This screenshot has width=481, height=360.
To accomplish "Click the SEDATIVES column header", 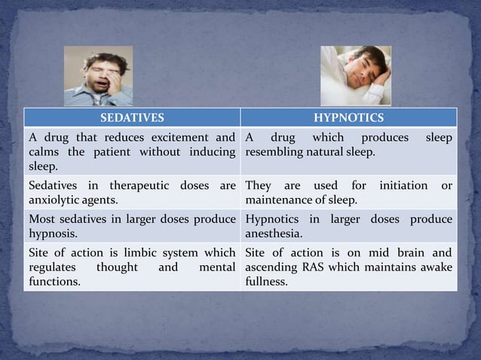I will tap(132, 118).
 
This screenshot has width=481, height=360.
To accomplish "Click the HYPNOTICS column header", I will tap(348, 118).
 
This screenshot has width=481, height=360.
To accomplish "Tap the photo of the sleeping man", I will tap(356, 75).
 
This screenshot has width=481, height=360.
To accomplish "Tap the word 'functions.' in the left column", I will tap(55, 282).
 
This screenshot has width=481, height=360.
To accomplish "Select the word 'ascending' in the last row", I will tap(271, 267).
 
